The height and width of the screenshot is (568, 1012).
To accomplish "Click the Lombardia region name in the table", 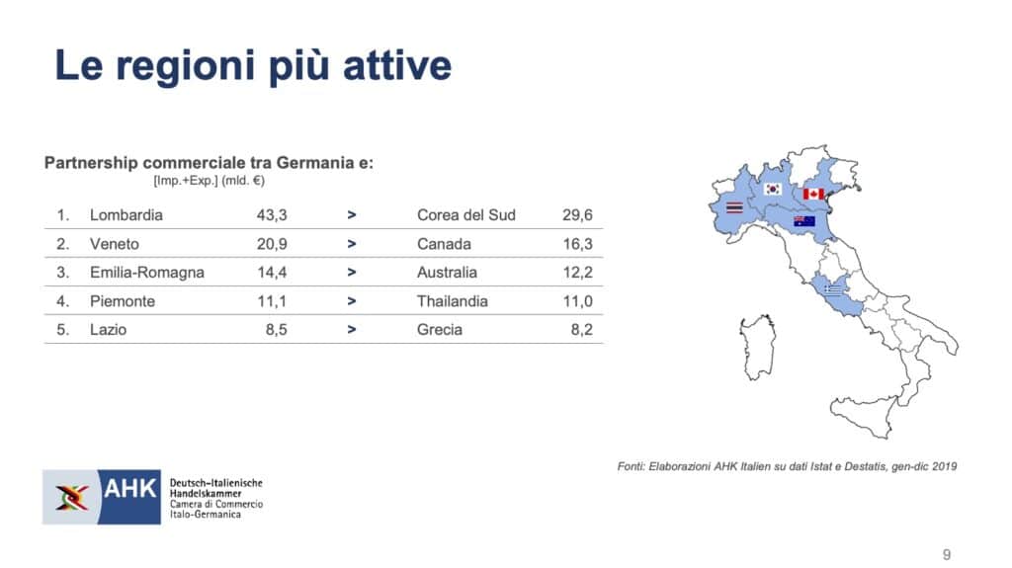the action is tap(126, 215).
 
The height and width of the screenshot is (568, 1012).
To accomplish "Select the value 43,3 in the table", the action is tap(272, 215).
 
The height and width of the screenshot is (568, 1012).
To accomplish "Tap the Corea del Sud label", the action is tap(466, 215).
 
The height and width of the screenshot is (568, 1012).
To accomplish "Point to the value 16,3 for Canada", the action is tap(577, 244).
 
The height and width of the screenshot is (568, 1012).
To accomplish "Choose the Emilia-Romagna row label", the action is tap(147, 273).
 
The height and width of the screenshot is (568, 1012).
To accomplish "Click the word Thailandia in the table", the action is tap(453, 301).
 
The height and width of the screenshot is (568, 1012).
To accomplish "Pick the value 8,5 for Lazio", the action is tap(277, 330).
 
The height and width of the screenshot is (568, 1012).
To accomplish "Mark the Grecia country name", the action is tap(440, 330).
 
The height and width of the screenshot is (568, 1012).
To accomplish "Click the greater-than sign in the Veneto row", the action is tap(352, 244).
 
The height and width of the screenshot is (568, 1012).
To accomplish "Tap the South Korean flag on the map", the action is tap(773, 189).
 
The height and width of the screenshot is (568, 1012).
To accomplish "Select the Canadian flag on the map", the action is tap(813, 194).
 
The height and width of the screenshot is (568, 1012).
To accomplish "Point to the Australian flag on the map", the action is tap(804, 221).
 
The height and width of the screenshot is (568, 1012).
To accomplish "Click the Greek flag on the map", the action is tap(833, 289).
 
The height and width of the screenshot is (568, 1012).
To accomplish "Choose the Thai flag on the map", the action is tap(734, 207).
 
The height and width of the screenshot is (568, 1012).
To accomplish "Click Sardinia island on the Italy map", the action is tap(757, 348).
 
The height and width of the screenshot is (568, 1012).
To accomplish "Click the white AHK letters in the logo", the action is tap(129, 489).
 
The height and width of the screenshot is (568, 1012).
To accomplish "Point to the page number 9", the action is tap(947, 554).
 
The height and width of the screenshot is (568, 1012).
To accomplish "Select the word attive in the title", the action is tap(397, 65).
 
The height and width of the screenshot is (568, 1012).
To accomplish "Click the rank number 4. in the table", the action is tap(62, 301).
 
